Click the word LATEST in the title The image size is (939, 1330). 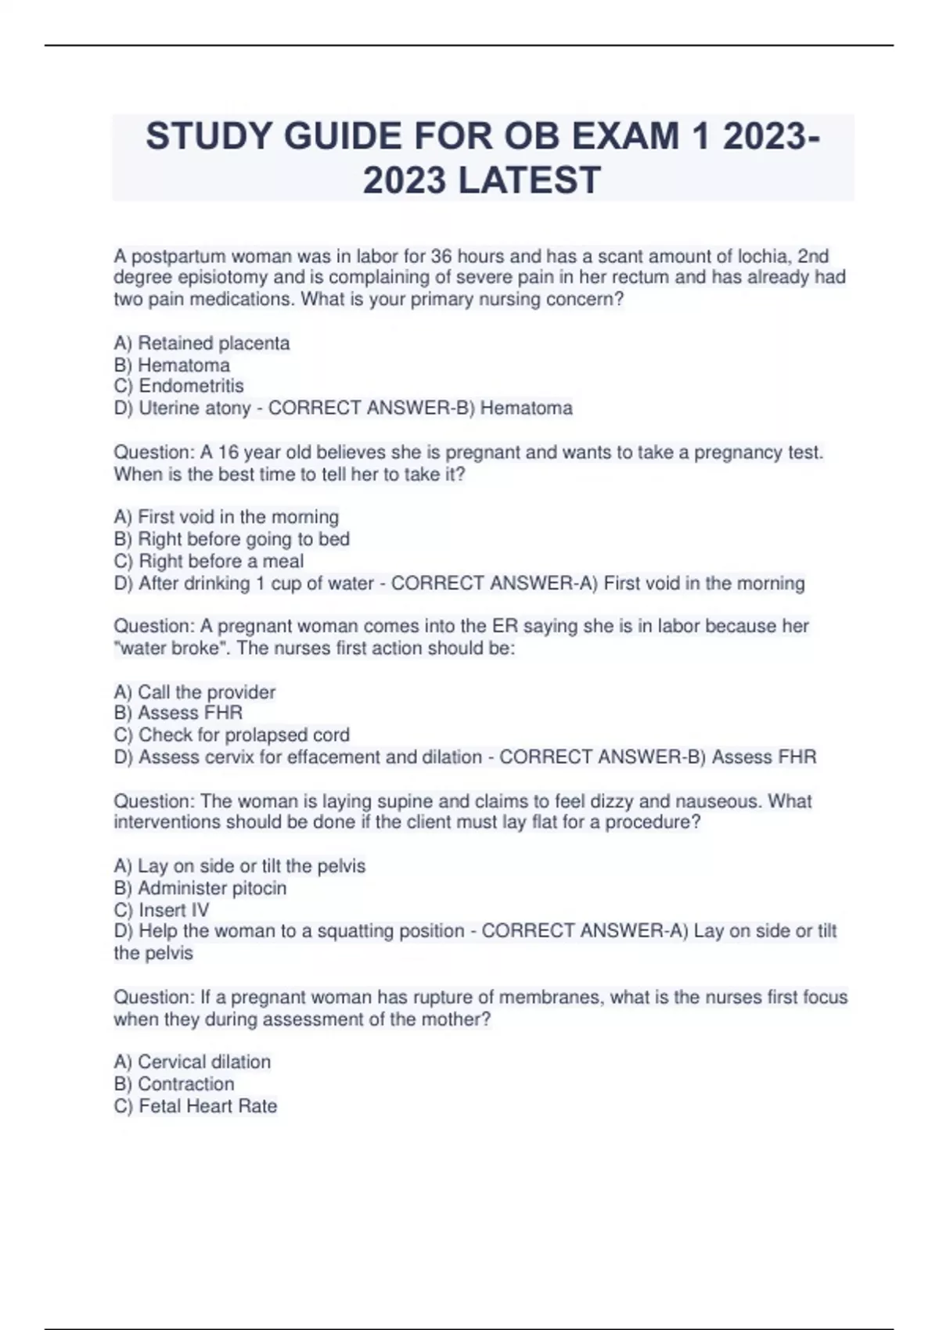529,180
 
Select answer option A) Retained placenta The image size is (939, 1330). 202,343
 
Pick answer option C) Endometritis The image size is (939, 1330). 179,386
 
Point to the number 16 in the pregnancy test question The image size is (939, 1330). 228,452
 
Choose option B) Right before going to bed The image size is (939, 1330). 232,538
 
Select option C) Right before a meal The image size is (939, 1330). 209,561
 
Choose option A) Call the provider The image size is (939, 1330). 195,692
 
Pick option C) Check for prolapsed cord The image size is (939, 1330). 232,735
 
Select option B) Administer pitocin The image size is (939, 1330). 200,888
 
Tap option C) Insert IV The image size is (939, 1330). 162,910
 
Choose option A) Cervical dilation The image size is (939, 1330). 192,1062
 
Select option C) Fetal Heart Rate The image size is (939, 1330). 196,1105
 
